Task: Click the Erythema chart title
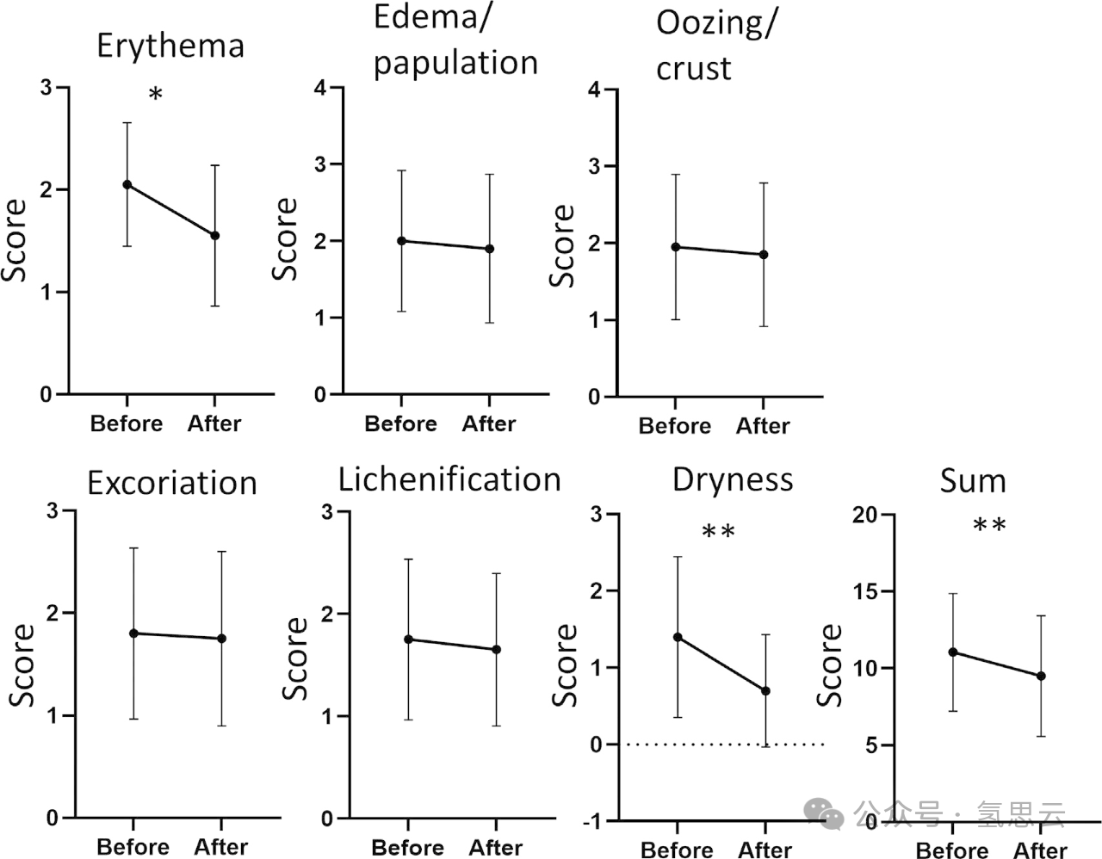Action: (x=170, y=46)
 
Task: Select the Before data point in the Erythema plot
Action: (x=127, y=184)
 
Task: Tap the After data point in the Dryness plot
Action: (x=765, y=691)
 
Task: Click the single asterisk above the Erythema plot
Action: (x=156, y=95)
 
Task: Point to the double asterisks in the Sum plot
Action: (x=989, y=526)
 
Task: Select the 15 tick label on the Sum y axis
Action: (x=868, y=591)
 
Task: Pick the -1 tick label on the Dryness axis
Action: (x=593, y=821)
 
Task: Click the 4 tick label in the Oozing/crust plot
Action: (x=595, y=90)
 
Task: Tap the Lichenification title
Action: (x=449, y=479)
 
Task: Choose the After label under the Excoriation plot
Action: (x=221, y=847)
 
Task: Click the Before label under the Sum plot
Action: (x=951, y=851)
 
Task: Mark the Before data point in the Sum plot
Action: (x=953, y=652)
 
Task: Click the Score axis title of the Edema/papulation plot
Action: (x=285, y=239)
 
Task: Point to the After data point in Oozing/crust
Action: (x=764, y=255)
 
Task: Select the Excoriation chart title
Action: (x=172, y=483)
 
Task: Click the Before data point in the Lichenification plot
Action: (x=408, y=640)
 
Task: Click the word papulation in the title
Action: (x=455, y=63)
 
